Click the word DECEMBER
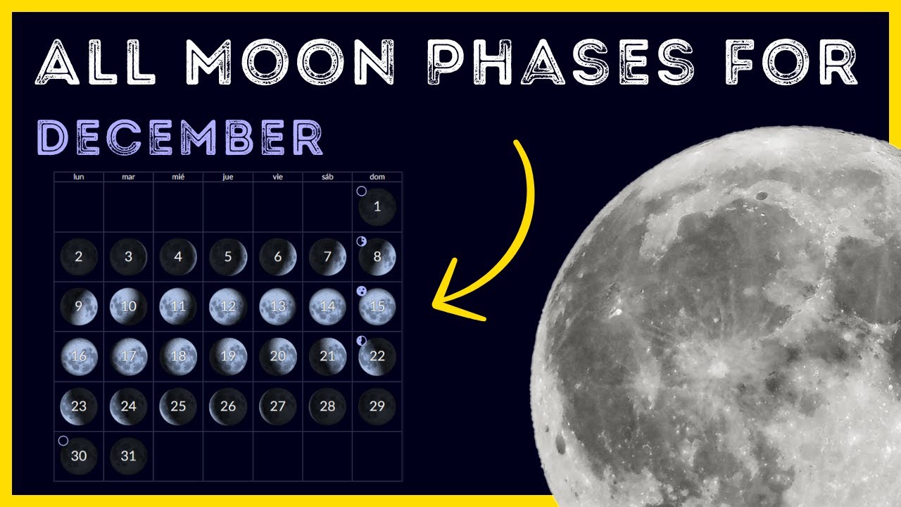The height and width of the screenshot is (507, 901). click(179, 138)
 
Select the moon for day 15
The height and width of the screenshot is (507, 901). click(377, 307)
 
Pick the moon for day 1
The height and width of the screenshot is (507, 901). click(377, 207)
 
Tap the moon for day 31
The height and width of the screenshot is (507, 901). click(128, 456)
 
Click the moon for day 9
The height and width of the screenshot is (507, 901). click(78, 307)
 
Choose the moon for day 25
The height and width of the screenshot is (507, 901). click(178, 406)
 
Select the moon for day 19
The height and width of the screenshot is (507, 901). click(228, 356)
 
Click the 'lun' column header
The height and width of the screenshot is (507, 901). click(79, 177)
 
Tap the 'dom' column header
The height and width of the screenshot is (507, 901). click(377, 177)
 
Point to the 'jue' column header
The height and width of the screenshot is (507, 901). click(228, 177)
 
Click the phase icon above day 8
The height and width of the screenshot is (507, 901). click(362, 242)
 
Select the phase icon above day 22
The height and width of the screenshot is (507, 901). click(362, 341)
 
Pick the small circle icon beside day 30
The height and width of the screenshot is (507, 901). click(63, 441)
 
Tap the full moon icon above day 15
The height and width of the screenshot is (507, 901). click(362, 291)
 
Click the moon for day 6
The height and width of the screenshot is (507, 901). click(277, 257)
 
